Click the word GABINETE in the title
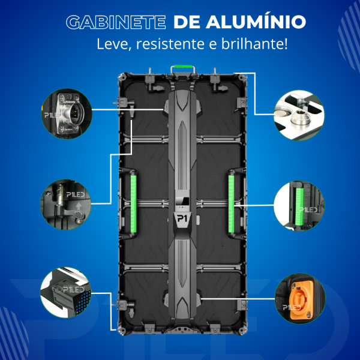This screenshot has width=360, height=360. (x=115, y=22)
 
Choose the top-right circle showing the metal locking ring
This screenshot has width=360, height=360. (x=296, y=110)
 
